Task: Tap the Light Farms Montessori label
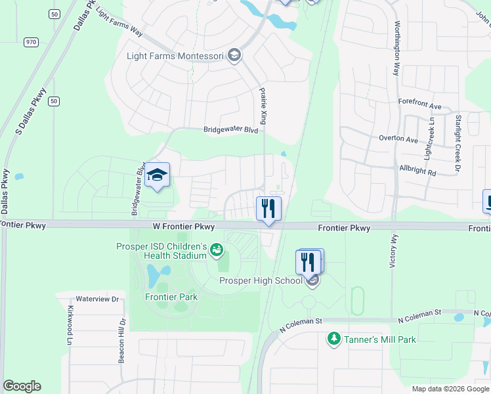[176, 55]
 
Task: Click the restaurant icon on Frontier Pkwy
[268, 209]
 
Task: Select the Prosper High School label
[260, 281]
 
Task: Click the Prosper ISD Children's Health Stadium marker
[216, 250]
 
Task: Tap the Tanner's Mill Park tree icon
[333, 339]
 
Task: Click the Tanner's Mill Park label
[379, 339]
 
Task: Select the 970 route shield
[32, 42]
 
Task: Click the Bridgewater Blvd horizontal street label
[230, 130]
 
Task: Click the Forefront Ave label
[420, 104]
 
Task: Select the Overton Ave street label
[398, 139]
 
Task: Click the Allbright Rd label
[417, 169]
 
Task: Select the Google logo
[22, 386]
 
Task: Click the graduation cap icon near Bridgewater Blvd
[158, 175]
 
